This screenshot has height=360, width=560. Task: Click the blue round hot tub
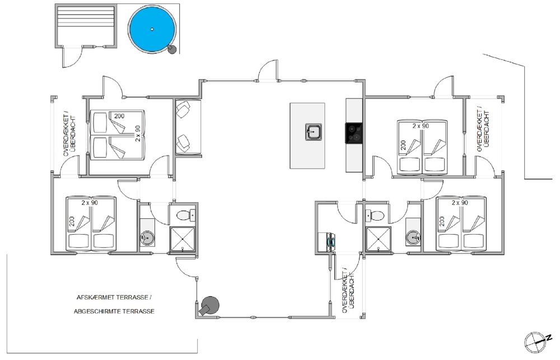click(x=152, y=29)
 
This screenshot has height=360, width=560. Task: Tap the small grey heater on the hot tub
click(x=172, y=49)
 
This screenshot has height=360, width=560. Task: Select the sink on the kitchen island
click(x=314, y=132)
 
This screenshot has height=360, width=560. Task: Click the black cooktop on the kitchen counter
click(x=353, y=133)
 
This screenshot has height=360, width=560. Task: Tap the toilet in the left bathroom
click(x=186, y=215)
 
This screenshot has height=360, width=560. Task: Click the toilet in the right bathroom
click(x=375, y=216)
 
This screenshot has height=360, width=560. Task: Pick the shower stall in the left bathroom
click(x=183, y=239)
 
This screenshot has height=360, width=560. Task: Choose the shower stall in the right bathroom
click(x=378, y=239)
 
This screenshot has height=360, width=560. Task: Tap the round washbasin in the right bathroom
click(x=413, y=237)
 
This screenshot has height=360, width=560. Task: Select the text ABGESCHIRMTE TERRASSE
click(x=114, y=311)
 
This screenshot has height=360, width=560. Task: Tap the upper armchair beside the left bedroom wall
click(x=184, y=109)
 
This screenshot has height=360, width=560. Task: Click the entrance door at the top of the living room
click(x=268, y=71)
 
